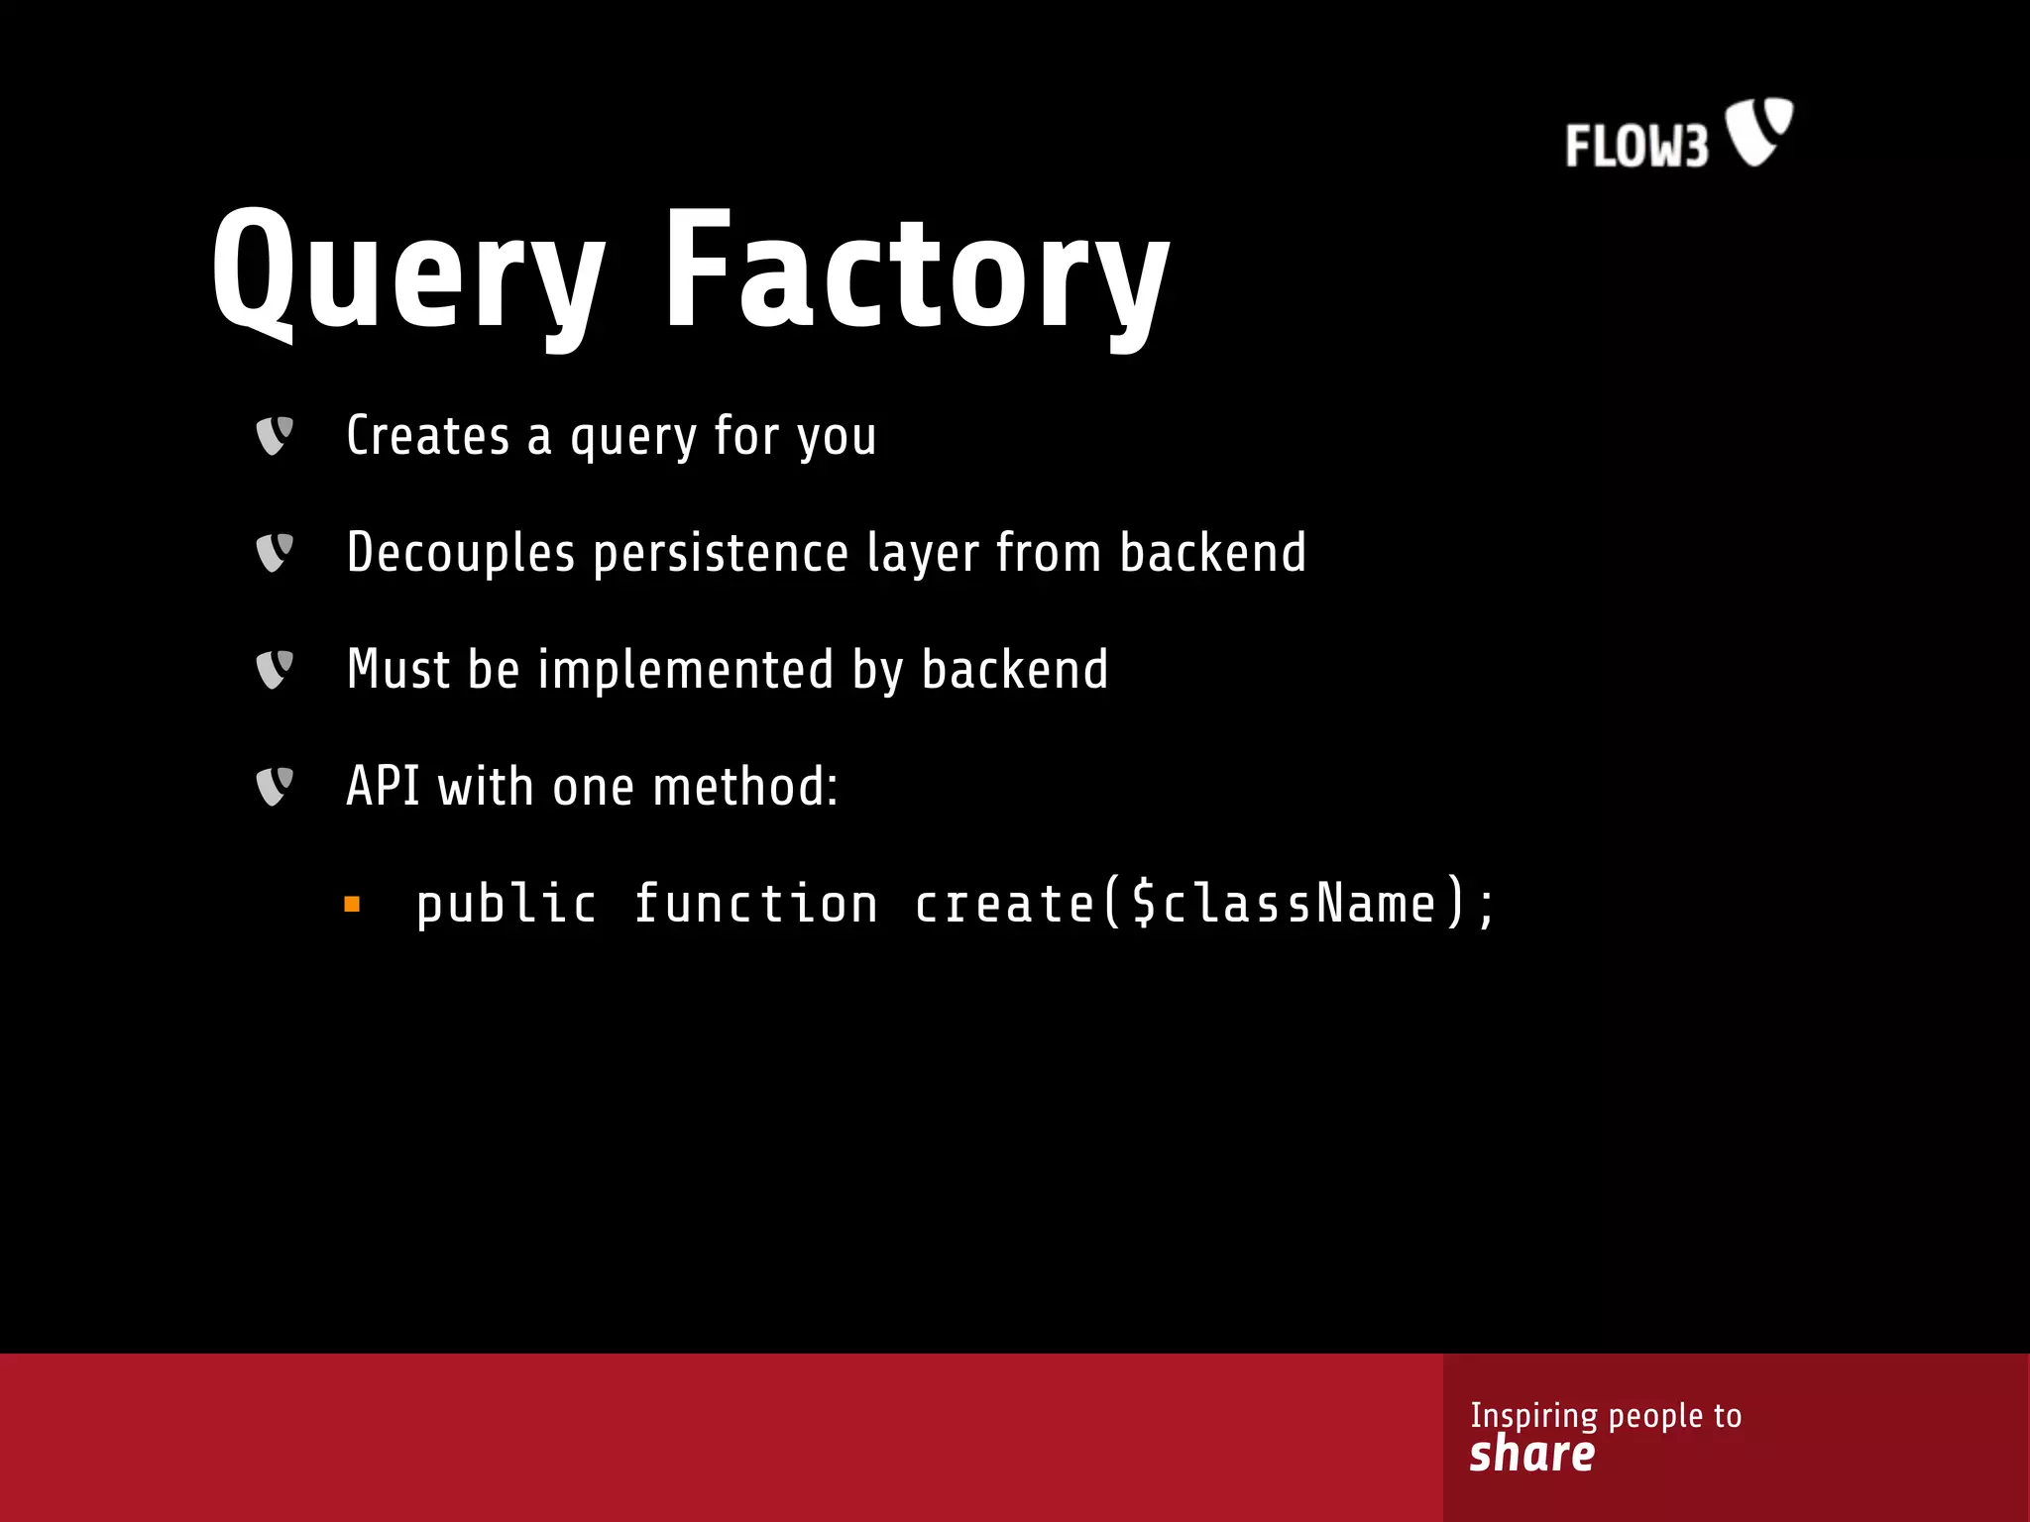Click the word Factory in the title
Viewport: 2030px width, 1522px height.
coord(917,272)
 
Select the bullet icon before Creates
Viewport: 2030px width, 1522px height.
coord(275,436)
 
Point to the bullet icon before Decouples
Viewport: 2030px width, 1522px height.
coord(275,553)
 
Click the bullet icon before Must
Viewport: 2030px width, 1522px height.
coord(275,670)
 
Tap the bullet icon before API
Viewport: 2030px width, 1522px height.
coord(275,787)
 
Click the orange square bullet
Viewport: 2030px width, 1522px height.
coord(352,904)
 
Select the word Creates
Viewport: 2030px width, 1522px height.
coord(427,436)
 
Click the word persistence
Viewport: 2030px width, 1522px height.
coord(721,553)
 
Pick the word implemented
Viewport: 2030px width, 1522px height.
coord(685,670)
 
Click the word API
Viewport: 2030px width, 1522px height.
coord(383,787)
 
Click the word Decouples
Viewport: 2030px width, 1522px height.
coord(461,553)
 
